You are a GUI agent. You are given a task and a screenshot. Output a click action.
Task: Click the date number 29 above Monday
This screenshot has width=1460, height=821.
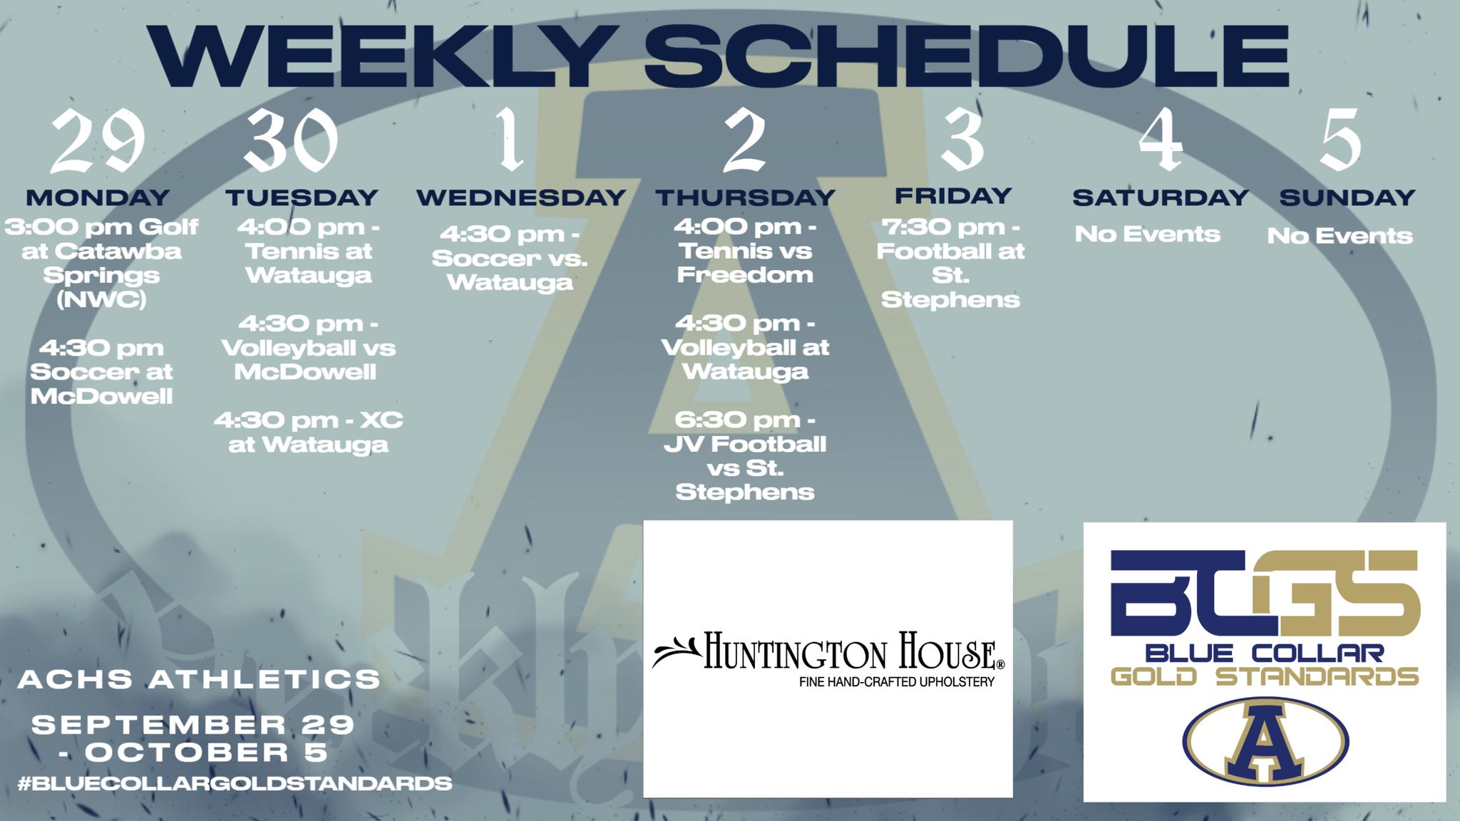tap(98, 141)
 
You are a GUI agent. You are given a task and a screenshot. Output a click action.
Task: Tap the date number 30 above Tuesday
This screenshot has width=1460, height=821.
tap(291, 141)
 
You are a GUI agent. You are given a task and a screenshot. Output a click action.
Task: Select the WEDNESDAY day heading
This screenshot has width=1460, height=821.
tap(520, 197)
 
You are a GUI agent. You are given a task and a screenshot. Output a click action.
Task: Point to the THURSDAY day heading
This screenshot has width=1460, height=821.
tap(745, 197)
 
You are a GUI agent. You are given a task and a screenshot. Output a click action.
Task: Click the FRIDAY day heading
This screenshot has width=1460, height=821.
tap(953, 195)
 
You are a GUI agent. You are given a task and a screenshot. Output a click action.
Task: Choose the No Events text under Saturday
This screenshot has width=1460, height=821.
tap(1147, 234)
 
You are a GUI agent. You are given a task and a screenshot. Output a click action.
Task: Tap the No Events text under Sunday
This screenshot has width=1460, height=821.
tap(1340, 235)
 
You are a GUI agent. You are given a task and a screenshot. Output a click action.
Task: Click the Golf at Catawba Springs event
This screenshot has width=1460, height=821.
tap(101, 263)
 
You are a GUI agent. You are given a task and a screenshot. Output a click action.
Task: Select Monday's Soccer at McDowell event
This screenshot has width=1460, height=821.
tap(101, 372)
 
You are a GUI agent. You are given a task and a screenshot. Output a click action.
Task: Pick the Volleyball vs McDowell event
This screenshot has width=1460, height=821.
tap(308, 348)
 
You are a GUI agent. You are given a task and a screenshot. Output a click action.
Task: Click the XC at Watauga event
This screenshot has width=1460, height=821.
tap(308, 432)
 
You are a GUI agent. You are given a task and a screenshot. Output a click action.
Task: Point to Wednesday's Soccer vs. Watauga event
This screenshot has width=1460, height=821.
tap(510, 258)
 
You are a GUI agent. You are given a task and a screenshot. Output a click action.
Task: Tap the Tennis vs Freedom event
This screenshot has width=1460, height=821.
tap(745, 251)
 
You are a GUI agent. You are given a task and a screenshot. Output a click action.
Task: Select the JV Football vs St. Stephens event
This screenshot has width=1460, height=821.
tap(745, 456)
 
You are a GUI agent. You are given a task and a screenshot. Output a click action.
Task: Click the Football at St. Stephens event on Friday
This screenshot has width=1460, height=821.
tap(950, 263)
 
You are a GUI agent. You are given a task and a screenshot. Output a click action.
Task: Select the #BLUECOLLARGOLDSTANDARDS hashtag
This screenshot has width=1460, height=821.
tap(235, 783)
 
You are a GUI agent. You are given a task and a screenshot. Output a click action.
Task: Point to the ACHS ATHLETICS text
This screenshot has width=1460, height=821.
tap(199, 679)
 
